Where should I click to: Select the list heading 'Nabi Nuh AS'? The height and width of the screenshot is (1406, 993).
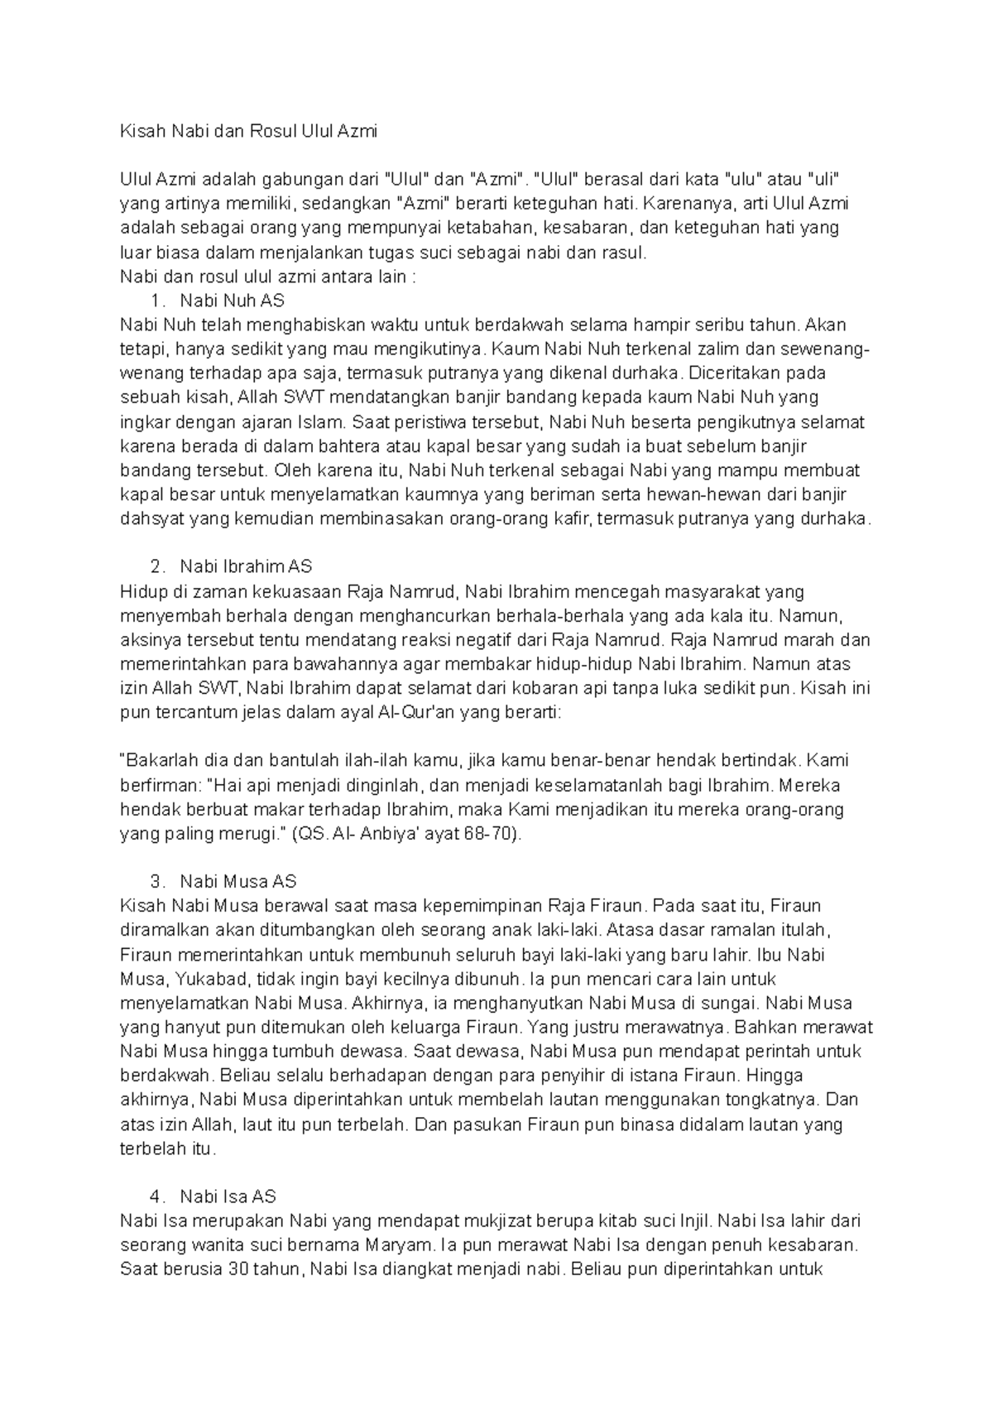pyautogui.click(x=233, y=300)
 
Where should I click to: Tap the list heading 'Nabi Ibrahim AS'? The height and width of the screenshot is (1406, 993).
pyautogui.click(x=246, y=566)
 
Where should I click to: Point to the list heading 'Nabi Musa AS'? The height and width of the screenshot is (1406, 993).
pyautogui.click(x=238, y=881)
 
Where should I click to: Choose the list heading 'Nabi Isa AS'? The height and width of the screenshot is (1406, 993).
pyautogui.click(x=228, y=1196)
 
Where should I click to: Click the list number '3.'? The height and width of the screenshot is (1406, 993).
pyautogui.click(x=160, y=881)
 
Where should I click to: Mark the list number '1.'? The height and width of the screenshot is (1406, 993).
pyautogui.click(x=160, y=300)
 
